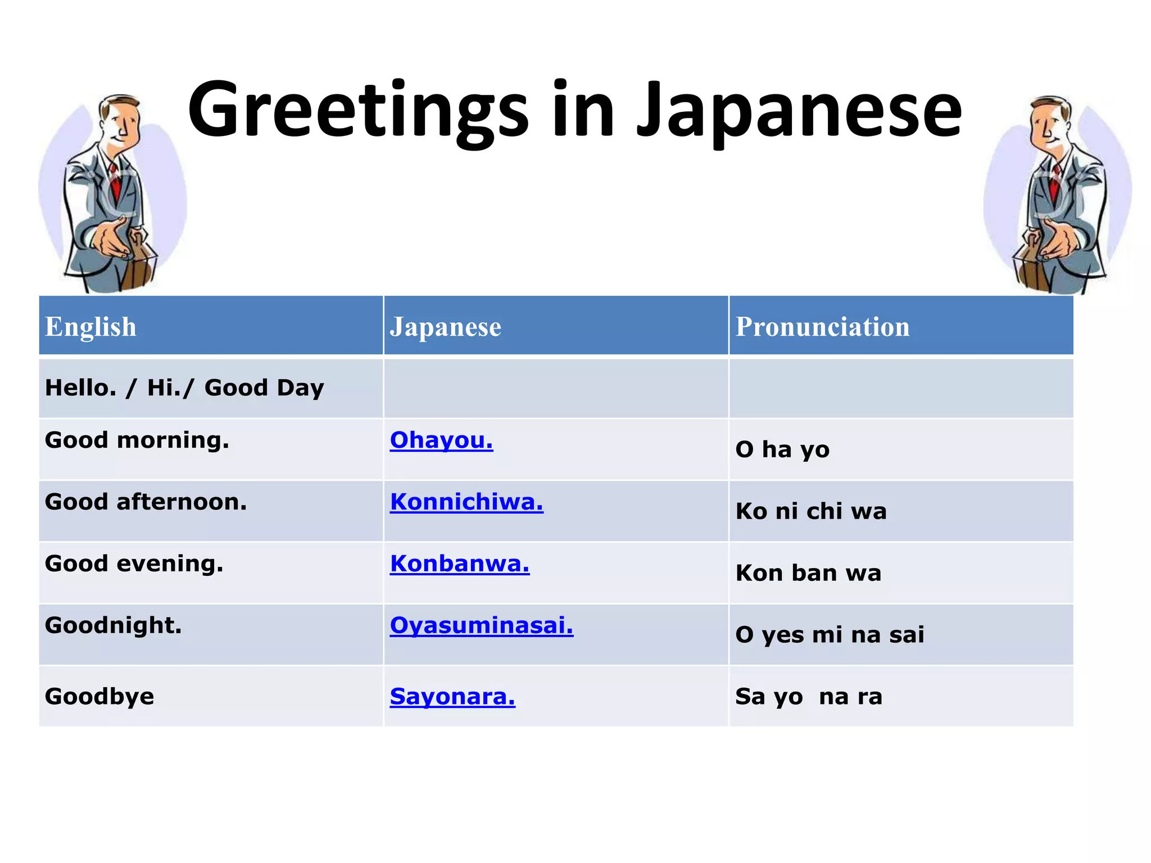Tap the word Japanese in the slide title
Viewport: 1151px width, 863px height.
(799, 110)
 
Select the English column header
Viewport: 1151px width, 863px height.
(90, 326)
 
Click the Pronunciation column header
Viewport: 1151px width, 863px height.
(822, 326)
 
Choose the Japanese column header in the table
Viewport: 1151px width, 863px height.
(445, 326)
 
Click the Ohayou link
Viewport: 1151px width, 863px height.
(441, 440)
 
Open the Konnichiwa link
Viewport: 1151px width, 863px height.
(466, 502)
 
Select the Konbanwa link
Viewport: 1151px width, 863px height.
(460, 564)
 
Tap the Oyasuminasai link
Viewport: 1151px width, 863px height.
(482, 625)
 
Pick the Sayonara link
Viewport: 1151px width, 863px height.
(452, 697)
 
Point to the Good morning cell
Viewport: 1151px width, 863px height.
(137, 440)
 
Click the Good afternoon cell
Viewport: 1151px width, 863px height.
(146, 502)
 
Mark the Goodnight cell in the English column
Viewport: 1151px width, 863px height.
(114, 625)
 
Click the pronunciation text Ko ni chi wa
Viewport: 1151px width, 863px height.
(811, 511)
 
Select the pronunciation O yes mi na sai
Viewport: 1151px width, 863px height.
(830, 635)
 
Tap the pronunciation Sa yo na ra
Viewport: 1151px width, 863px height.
(809, 697)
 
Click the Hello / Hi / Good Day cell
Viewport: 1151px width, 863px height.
(184, 388)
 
